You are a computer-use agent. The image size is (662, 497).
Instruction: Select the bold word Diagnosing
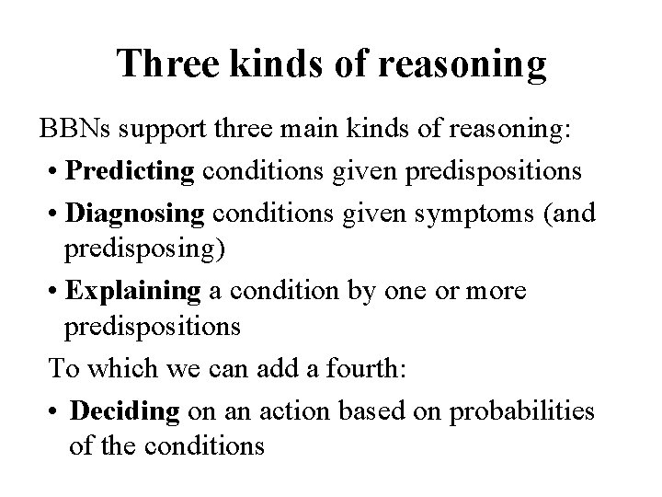pyautogui.click(x=135, y=215)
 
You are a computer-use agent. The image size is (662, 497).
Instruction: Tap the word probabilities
pyautogui.click(x=521, y=411)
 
